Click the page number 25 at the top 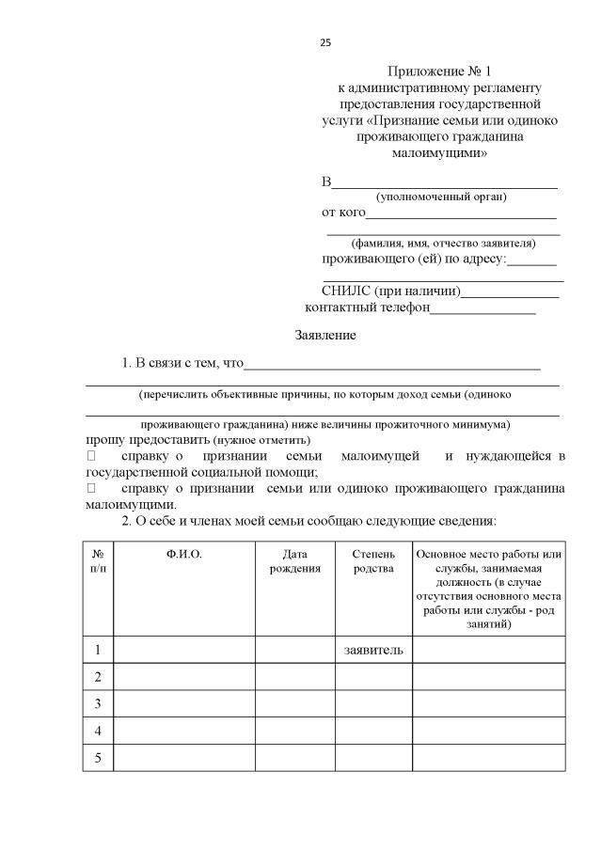pos(325,42)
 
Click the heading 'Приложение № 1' pos(440,71)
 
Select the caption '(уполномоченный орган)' pos(441,197)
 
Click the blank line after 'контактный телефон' pos(482,309)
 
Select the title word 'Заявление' pos(325,336)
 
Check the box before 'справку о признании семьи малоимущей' pos(90,456)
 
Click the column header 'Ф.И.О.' pos(184,555)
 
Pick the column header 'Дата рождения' pos(294,561)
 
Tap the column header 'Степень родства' pos(373,561)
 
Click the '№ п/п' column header pos(98,561)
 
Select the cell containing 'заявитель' pos(373,649)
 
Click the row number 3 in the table pos(98,703)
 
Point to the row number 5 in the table pos(98,758)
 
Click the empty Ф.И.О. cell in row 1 pos(184,649)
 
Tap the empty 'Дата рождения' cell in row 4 pos(294,731)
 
